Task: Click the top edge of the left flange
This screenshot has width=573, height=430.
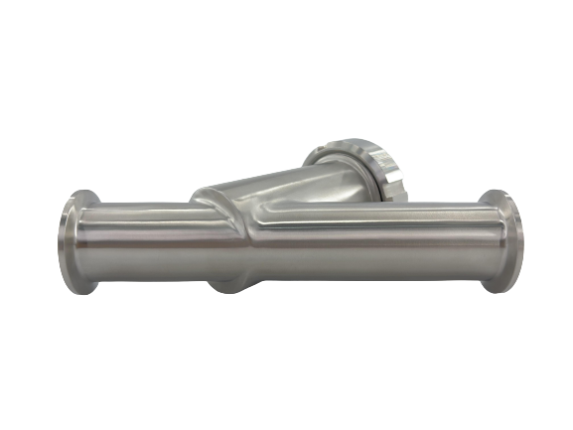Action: point(73,195)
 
